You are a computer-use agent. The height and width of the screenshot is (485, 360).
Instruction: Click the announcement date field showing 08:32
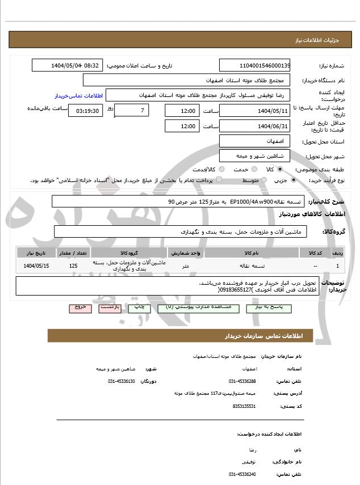point(67,65)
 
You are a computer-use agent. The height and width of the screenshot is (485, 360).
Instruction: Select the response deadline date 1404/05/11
point(254,110)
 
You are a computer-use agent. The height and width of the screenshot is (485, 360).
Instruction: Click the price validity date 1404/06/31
point(254,126)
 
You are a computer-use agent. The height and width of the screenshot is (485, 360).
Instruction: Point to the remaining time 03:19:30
point(85,111)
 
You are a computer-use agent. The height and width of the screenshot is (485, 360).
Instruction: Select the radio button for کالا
point(280,169)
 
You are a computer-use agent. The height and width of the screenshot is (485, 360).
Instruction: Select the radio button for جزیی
point(293,180)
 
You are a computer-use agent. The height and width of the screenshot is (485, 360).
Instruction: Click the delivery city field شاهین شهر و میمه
point(254,155)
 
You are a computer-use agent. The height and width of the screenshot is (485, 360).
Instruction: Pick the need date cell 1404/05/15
point(37,265)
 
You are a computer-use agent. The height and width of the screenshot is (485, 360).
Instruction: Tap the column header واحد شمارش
point(186,252)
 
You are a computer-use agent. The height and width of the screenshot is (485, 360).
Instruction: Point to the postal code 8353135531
point(244,406)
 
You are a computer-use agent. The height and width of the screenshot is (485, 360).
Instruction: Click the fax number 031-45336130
point(122,381)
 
